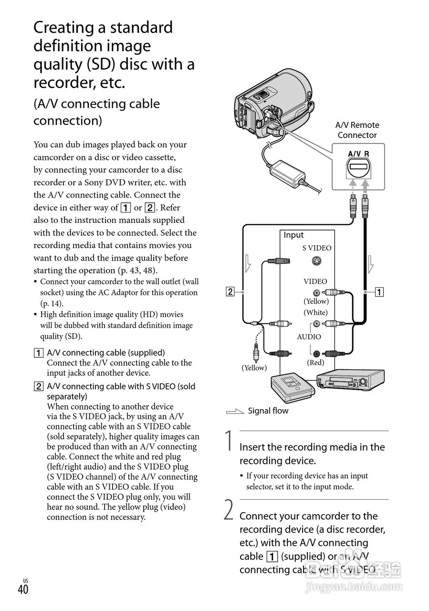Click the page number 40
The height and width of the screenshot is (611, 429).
click(x=23, y=590)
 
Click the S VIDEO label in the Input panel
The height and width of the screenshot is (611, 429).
click(x=316, y=248)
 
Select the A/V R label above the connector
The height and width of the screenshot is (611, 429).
click(x=358, y=154)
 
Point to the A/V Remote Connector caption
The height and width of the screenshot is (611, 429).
click(x=357, y=130)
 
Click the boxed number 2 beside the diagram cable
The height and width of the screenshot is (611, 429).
click(x=230, y=291)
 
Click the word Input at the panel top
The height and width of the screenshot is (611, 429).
click(x=293, y=235)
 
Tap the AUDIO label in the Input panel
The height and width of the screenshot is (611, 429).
click(x=309, y=337)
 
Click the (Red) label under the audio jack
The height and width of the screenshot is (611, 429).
click(x=315, y=363)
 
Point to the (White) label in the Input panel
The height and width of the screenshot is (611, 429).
click(x=316, y=312)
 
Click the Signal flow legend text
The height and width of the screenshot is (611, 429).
click(x=268, y=411)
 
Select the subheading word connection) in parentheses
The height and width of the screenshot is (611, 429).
click(x=68, y=120)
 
